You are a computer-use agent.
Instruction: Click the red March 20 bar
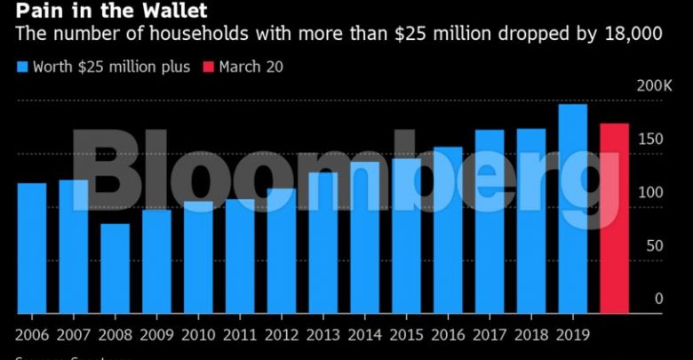[614, 219]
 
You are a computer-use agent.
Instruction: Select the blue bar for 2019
[572, 209]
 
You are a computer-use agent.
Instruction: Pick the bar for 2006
[32, 248]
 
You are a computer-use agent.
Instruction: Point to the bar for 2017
[490, 221]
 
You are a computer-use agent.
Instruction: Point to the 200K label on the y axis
[656, 86]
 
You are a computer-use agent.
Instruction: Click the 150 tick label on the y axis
[653, 140]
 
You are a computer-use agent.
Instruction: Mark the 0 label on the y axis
[659, 299]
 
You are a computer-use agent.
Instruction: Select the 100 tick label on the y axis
[653, 193]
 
